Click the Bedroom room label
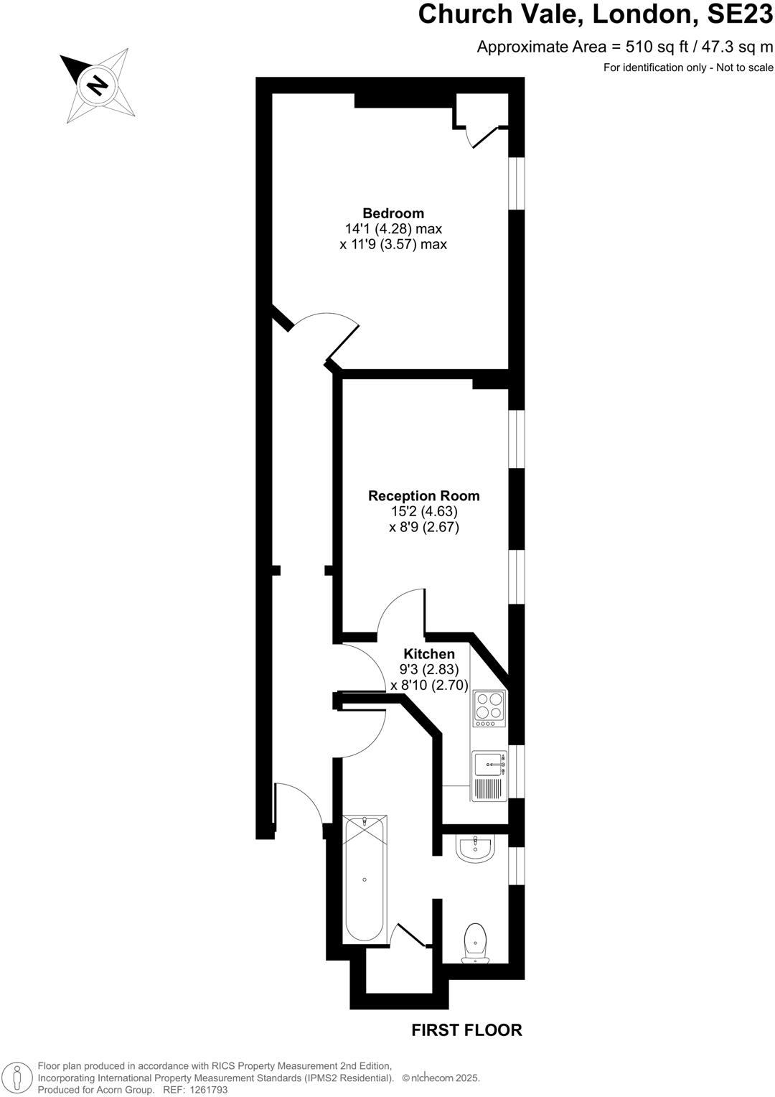393,213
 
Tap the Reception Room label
423,496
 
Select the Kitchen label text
429,654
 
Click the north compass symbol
97,85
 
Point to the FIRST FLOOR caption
466,1030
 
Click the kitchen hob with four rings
489,705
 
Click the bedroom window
517,183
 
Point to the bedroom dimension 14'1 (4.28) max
393,229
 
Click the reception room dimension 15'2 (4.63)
423,512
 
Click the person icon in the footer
19,1077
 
